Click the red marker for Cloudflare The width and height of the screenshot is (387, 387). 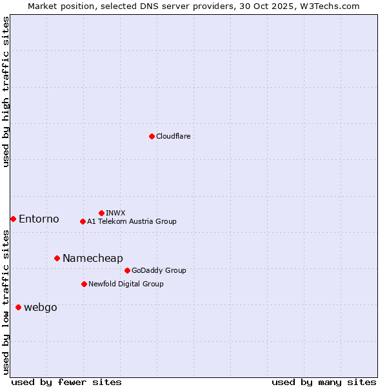pyautogui.click(x=152, y=136)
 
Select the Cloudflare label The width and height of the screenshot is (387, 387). pyautogui.click(x=173, y=136)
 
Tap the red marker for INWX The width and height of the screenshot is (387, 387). pyautogui.click(x=101, y=213)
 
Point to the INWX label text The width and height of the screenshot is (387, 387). pyautogui.click(x=115, y=213)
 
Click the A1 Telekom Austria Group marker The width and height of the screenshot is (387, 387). pyautogui.click(x=83, y=221)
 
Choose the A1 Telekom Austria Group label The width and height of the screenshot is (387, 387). pyautogui.click(x=132, y=221)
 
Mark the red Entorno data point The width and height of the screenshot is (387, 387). pyautogui.click(x=13, y=219)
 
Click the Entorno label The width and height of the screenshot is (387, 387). pyautogui.click(x=39, y=219)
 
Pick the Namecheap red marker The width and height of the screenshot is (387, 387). pyautogui.click(x=57, y=258)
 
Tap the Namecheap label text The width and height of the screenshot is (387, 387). pyautogui.click(x=92, y=259)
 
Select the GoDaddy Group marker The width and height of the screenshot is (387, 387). pyautogui.click(x=127, y=270)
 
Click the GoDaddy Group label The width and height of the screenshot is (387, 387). pyautogui.click(x=159, y=270)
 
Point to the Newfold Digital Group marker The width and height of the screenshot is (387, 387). pyautogui.click(x=84, y=284)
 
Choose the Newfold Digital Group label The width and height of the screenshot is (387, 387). pyautogui.click(x=126, y=284)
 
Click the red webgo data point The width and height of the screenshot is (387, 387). pyautogui.click(x=18, y=307)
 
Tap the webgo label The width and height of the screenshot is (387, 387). pyautogui.click(x=40, y=308)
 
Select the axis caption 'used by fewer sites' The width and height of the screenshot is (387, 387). pyautogui.click(x=66, y=382)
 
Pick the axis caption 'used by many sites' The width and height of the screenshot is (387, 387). pyautogui.click(x=324, y=382)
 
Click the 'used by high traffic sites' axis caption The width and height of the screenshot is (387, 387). pyautogui.click(x=6, y=92)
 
